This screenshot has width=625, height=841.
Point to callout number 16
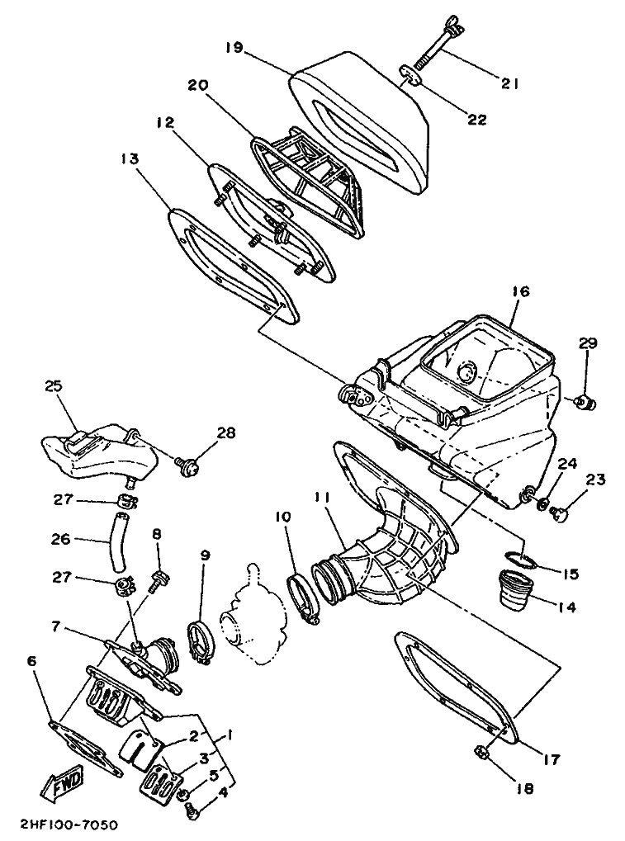(x=520, y=292)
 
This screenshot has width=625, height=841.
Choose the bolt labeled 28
(x=187, y=466)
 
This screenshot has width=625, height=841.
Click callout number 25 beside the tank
(x=54, y=386)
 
